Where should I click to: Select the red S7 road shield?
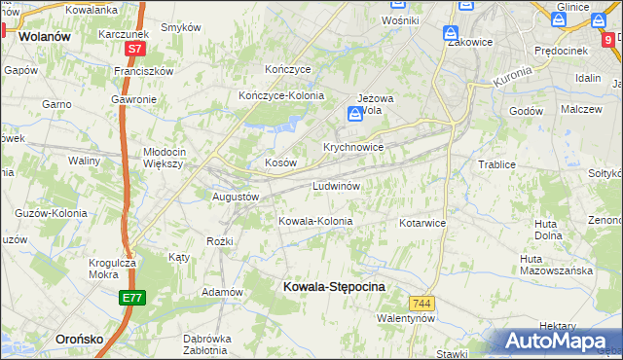(135, 48)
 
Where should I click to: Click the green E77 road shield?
(134, 299)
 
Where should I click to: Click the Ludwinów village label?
(337, 186)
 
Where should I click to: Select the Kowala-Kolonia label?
(315, 222)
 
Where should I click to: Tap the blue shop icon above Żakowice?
(452, 33)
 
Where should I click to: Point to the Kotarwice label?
(421, 223)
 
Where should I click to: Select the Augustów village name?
(235, 196)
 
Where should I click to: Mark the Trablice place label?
(496, 164)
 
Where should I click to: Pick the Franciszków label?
(143, 71)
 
